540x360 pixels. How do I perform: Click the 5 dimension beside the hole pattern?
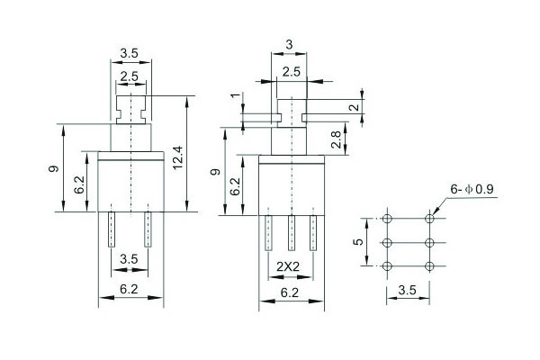pyautogui.click(x=357, y=242)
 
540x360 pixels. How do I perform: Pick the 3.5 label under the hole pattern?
pyautogui.click(x=408, y=291)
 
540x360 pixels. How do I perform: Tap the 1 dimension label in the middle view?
pyautogui.click(x=235, y=96)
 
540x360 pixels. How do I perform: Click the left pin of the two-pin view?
pyautogui.click(x=112, y=230)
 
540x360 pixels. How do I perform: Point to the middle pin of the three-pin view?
pyautogui.click(x=292, y=232)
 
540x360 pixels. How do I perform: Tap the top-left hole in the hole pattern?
pyautogui.click(x=387, y=219)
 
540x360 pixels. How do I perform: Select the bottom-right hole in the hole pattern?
pyautogui.click(x=430, y=265)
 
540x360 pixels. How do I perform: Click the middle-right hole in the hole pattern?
pyautogui.click(x=430, y=242)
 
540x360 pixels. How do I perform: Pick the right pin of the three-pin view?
pyautogui.click(x=314, y=232)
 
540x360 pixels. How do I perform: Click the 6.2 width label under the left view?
pyautogui.click(x=130, y=291)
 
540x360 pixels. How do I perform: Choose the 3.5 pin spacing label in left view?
pyautogui.click(x=130, y=259)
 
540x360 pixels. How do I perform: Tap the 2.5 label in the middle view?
pyautogui.click(x=291, y=71)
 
